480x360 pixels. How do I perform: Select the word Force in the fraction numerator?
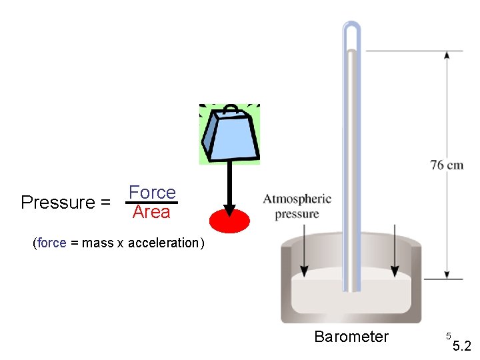pyautogui.click(x=152, y=193)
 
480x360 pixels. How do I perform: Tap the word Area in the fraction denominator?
pyautogui.click(x=151, y=213)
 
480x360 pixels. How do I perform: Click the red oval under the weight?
pyautogui.click(x=229, y=220)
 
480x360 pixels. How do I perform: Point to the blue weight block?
pyautogui.click(x=231, y=137)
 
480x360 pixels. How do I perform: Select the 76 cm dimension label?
pyautogui.click(x=447, y=165)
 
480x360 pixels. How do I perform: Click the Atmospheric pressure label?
pyautogui.click(x=297, y=207)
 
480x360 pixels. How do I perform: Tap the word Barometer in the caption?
pyautogui.click(x=351, y=337)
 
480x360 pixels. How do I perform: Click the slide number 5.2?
pyautogui.click(x=461, y=346)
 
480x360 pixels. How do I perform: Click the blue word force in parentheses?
pyautogui.click(x=52, y=243)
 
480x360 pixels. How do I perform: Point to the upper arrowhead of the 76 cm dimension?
pyautogui.click(x=445, y=56)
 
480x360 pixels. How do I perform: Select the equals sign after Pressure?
pyautogui.click(x=105, y=203)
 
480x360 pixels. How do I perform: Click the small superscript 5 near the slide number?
pyautogui.click(x=449, y=335)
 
